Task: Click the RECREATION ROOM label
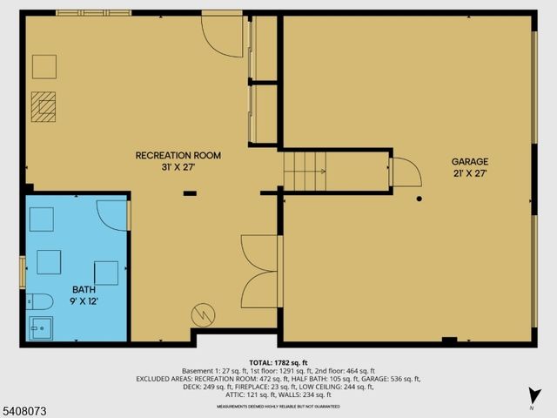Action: point(178,155)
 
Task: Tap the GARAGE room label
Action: point(469,161)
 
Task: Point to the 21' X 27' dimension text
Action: point(469,173)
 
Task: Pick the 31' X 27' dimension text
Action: point(178,167)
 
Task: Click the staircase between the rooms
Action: point(305,171)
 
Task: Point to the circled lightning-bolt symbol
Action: point(203,313)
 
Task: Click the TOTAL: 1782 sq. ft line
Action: point(278,362)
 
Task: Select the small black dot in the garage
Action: point(419,199)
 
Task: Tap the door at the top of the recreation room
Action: point(223,35)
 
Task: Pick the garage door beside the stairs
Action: point(406,172)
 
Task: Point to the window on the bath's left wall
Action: point(23,271)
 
